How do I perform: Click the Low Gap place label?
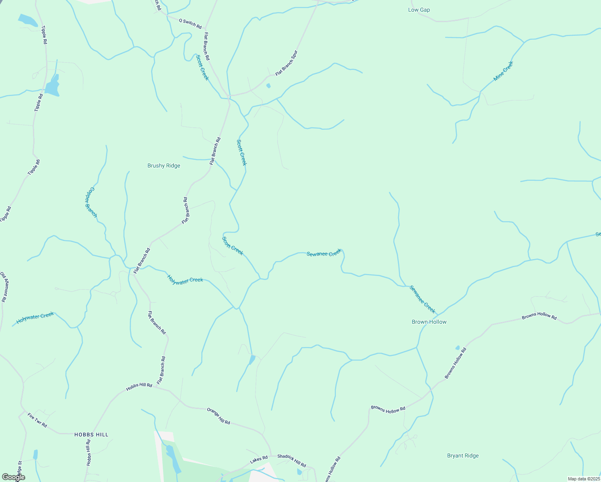coord(419,10)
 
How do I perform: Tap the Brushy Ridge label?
coord(164,166)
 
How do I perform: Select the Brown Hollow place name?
coord(429,322)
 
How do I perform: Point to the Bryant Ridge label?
coord(463,455)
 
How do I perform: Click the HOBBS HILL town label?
coord(91,435)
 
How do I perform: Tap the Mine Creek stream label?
coord(503,71)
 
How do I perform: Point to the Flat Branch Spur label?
coord(286,63)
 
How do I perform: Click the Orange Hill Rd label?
coord(219,416)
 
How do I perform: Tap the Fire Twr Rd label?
coord(37,420)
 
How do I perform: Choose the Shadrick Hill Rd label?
coord(292,460)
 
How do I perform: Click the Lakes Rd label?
coord(259,460)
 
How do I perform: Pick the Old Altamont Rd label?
coord(4,286)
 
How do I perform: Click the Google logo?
coord(13,477)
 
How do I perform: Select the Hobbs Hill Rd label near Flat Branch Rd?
coord(139,387)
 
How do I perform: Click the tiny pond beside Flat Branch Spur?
coord(268,86)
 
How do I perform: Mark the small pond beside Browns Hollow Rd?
coord(457,347)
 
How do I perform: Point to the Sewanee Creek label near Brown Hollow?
coord(422,299)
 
